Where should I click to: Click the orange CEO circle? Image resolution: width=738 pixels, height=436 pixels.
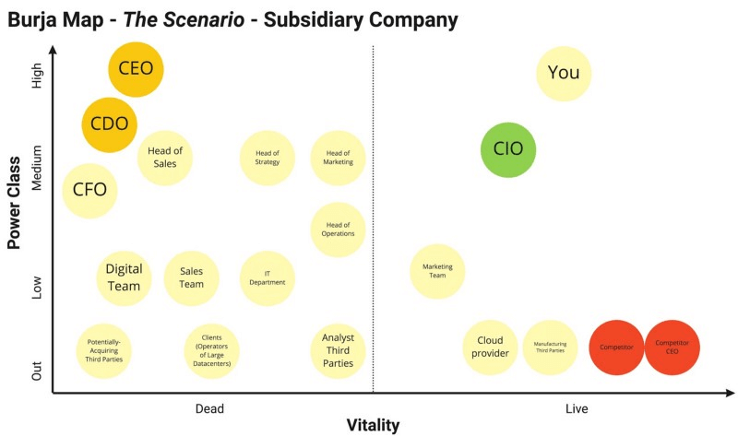pos(136,70)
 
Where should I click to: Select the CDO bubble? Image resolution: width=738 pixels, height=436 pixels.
pos(109,125)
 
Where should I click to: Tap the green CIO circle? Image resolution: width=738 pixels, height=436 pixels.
pos(508,150)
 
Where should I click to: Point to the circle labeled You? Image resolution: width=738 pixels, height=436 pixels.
pos(564,74)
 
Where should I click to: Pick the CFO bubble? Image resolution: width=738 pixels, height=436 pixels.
pos(89,191)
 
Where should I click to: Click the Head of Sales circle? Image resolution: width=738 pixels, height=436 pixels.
pos(165,158)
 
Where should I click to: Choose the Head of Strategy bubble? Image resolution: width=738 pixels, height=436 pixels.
pos(268,158)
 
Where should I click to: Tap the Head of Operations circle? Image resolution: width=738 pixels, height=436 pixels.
pos(338,230)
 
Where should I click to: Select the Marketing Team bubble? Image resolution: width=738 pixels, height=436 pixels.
pos(437,271)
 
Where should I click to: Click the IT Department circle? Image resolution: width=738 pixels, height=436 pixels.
pos(268,278)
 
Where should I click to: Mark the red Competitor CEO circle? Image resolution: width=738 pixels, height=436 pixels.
pos(673,348)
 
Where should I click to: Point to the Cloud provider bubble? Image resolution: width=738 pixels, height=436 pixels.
pos(491,348)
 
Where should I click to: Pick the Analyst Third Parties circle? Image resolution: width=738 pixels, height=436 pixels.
pos(338,351)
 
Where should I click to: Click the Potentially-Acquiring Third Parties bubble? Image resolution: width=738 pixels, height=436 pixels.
pos(104,351)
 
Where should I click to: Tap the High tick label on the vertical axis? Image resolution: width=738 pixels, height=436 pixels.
pos(36,76)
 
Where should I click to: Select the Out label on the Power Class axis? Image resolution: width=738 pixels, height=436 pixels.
pos(36,371)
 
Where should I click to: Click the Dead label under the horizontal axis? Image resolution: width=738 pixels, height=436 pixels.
pos(209,408)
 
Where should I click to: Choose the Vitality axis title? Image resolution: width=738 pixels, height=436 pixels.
pos(374,425)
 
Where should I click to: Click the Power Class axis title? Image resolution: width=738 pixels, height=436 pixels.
pos(14,203)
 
